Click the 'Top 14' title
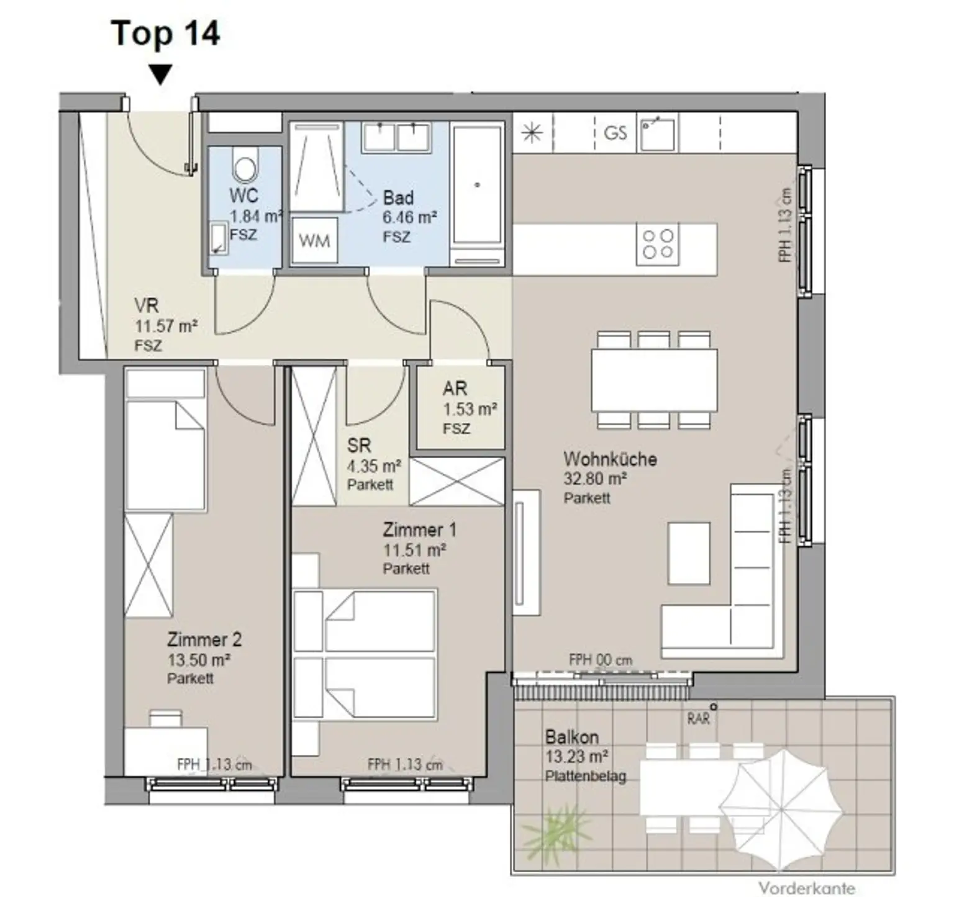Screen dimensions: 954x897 click(x=165, y=33)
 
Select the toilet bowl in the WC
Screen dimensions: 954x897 click(x=244, y=163)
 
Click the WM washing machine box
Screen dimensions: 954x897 click(x=314, y=240)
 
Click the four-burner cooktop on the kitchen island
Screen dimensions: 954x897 click(x=658, y=244)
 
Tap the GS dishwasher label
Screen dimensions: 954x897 click(x=615, y=132)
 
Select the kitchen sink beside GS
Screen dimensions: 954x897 click(x=658, y=132)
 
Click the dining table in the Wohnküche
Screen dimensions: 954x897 click(x=654, y=380)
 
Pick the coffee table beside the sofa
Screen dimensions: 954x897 click(x=689, y=553)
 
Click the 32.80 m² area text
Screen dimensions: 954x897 click(x=594, y=479)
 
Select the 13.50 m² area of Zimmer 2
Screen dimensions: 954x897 click(x=198, y=659)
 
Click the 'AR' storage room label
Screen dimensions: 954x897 click(x=455, y=389)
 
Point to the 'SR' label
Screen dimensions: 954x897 click(x=359, y=445)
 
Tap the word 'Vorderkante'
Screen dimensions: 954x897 click(x=806, y=888)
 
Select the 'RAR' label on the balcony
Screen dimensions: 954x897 click(x=698, y=719)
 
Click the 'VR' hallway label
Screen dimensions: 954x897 click(x=147, y=305)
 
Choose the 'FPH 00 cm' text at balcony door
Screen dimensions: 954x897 click(x=601, y=660)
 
